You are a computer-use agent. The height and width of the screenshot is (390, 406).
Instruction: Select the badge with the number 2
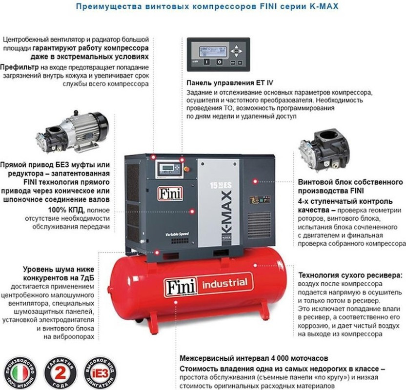click(61, 372)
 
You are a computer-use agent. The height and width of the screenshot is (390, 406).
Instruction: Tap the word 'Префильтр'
click(20, 66)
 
